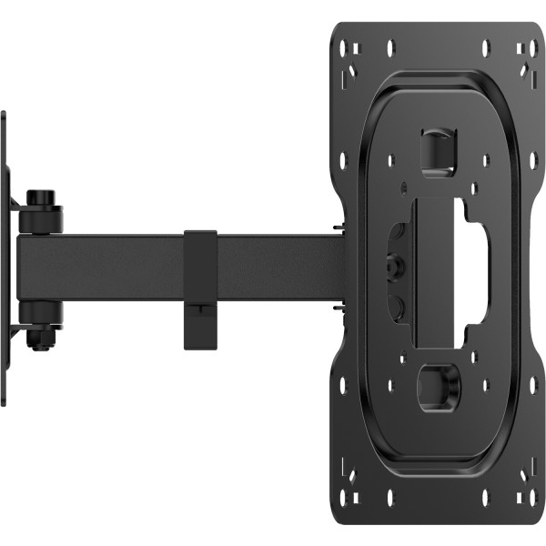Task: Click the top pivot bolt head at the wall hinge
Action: [x=38, y=197]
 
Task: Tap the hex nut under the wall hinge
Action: [x=37, y=339]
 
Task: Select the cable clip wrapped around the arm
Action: [x=201, y=288]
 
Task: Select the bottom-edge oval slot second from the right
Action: [x=485, y=500]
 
